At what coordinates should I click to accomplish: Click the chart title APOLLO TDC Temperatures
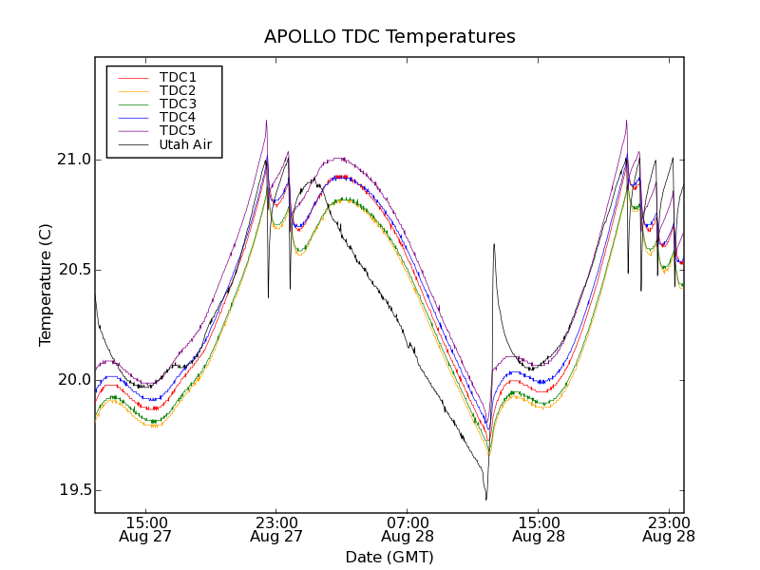coord(389,37)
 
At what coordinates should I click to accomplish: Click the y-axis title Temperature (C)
coord(46,285)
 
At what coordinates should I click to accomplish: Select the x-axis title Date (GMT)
coord(389,557)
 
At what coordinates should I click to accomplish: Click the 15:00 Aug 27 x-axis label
coord(146,529)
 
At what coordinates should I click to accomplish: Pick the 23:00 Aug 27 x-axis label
coord(276,529)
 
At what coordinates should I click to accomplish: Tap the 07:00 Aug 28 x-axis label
coord(408,529)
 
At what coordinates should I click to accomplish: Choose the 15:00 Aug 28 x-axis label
coord(539,529)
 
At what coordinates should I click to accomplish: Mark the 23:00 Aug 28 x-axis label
coord(669,529)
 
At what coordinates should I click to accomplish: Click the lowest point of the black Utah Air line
coord(486,500)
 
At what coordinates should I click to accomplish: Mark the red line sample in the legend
coord(132,77)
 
